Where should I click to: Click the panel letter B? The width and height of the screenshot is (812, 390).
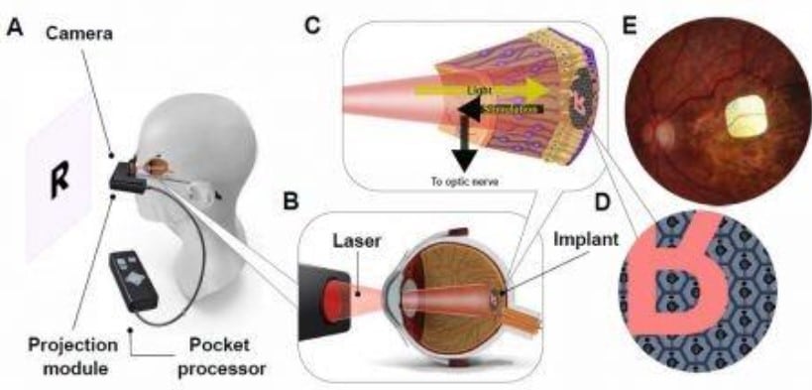pyautogui.click(x=290, y=200)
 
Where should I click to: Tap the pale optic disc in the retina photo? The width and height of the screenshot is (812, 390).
pyautogui.click(x=655, y=130)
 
